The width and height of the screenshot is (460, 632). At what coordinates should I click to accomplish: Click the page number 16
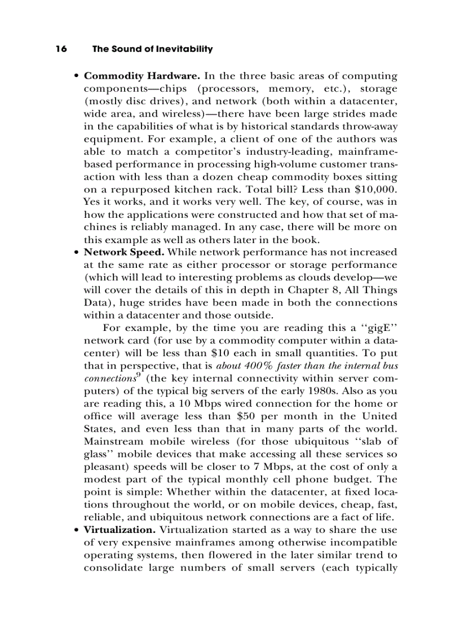click(61, 49)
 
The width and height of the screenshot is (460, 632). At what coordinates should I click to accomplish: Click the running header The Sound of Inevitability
click(152, 49)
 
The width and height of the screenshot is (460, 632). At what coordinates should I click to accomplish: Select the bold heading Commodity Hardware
click(141, 76)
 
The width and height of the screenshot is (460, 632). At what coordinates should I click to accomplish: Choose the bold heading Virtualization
click(120, 530)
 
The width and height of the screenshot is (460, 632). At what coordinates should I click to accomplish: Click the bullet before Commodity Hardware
click(76, 77)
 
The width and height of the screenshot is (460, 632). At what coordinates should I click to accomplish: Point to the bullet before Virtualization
click(76, 530)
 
